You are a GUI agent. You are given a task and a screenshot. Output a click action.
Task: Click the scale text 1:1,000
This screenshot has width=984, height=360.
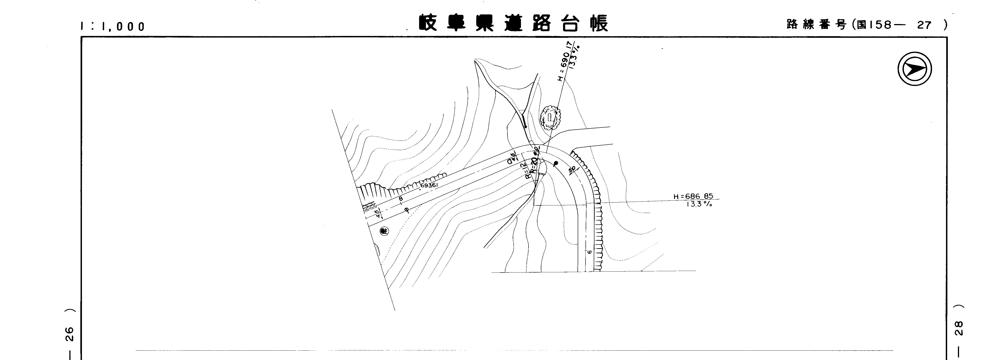coord(113,26)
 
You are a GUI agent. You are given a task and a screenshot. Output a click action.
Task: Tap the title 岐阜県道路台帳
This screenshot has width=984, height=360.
coord(513,24)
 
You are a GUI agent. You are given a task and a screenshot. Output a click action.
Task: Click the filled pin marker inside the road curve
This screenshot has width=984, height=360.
coord(556,164)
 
